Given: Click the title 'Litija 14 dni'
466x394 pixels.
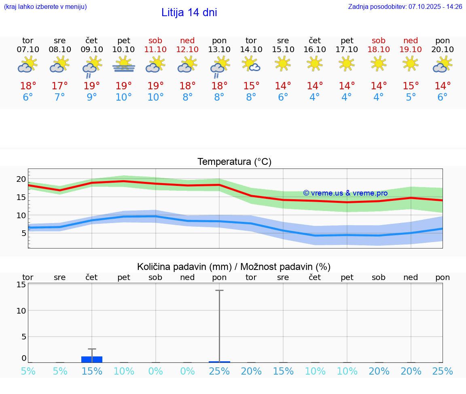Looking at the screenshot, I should click(x=189, y=13).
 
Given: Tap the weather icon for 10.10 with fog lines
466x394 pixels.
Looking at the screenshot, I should click(x=124, y=64).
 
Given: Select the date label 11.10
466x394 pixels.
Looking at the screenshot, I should click(x=155, y=50).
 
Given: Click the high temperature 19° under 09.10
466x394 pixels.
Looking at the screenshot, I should click(x=92, y=86).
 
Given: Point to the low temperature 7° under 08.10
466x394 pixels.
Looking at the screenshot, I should click(x=60, y=97).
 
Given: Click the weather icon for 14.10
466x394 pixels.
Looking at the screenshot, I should click(x=251, y=64).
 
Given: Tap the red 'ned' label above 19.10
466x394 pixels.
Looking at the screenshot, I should click(x=411, y=41).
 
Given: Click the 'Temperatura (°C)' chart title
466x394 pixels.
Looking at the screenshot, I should click(x=234, y=162).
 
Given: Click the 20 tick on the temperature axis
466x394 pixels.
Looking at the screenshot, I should click(x=21, y=179).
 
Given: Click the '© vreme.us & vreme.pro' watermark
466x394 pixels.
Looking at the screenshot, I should click(x=345, y=193).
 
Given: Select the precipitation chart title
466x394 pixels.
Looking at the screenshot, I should click(x=234, y=267).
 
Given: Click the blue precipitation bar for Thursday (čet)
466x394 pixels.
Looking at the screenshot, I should click(x=92, y=359).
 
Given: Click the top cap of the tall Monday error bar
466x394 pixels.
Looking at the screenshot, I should click(x=219, y=291).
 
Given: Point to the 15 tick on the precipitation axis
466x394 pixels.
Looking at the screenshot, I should click(x=21, y=284).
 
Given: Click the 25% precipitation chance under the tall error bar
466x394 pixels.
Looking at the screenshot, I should click(x=219, y=371).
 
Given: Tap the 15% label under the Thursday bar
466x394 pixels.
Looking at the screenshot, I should click(x=92, y=371).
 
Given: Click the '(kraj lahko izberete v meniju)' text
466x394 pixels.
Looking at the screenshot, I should click(x=45, y=7).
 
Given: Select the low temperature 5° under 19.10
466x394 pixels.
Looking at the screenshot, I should click(x=411, y=97).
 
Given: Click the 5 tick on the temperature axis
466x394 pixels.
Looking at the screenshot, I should click(x=23, y=233).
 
